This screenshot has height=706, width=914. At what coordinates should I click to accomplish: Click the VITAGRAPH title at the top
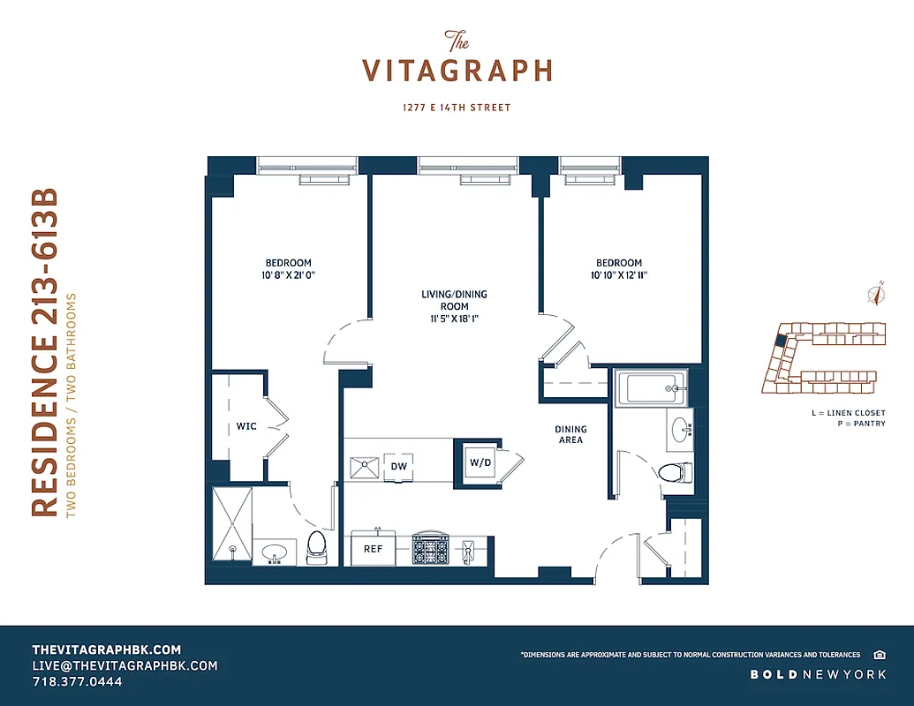tap(457, 70)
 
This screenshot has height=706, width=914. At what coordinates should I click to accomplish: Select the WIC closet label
tap(246, 426)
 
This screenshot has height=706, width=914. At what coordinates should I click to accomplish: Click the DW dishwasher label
tap(398, 464)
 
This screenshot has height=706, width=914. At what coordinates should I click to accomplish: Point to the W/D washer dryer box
tap(480, 462)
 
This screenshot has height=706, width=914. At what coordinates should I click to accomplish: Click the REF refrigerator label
tap(373, 549)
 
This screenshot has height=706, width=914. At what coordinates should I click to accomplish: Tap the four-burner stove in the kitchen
tap(430, 551)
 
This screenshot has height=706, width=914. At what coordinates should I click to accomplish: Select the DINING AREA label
tap(570, 434)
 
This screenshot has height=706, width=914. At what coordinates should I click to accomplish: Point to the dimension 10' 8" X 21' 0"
tap(289, 275)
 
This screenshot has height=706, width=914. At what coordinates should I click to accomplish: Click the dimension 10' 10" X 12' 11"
tap(618, 275)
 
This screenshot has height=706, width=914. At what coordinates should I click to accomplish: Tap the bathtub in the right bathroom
tap(650, 387)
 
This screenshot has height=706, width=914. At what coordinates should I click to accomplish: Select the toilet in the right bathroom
tap(673, 472)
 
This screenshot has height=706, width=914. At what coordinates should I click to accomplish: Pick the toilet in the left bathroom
tap(317, 547)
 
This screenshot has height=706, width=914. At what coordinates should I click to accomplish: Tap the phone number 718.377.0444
tap(78, 682)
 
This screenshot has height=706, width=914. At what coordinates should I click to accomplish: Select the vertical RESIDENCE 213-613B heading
tap(46, 353)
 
